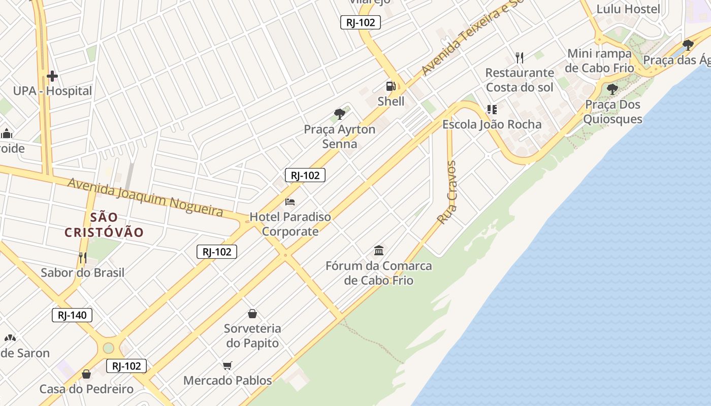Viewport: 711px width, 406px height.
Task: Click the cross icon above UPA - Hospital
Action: (52, 77)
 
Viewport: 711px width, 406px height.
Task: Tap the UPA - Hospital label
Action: (52, 91)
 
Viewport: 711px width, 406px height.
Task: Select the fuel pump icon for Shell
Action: (391, 87)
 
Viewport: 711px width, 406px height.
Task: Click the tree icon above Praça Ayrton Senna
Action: (340, 114)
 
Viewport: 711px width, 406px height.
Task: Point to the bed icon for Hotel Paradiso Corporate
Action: (290, 202)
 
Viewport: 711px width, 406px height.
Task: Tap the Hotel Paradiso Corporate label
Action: (290, 224)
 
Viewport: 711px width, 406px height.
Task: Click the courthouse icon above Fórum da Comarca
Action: (379, 250)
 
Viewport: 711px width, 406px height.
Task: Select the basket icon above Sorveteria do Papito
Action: (252, 314)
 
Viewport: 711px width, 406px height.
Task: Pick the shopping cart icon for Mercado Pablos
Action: (228, 365)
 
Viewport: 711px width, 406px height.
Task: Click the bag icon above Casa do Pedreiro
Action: (86, 375)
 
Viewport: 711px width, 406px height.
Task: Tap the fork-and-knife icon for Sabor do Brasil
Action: (82, 258)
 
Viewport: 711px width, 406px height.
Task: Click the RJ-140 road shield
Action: (72, 315)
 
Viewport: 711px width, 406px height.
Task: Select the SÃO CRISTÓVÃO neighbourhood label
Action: (104, 225)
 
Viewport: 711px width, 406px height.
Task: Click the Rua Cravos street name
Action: (448, 193)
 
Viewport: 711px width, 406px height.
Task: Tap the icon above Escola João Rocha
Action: (492, 109)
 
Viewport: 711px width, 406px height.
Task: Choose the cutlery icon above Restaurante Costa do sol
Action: (519, 58)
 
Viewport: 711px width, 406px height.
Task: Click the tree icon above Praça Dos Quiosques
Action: (612, 90)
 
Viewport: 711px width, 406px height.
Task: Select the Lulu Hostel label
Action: (628, 9)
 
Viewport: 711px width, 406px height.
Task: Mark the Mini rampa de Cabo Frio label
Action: (600, 60)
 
